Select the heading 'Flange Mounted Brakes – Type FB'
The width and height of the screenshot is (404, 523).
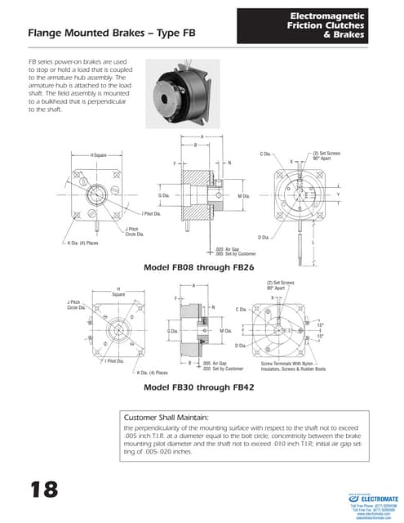tap(112, 34)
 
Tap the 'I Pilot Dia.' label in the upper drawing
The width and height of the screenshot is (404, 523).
tap(151, 214)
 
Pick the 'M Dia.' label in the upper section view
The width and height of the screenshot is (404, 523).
tap(243, 196)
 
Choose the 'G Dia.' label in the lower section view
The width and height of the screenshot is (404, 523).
tap(172, 331)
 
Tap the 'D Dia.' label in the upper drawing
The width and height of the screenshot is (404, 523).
tap(264, 237)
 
